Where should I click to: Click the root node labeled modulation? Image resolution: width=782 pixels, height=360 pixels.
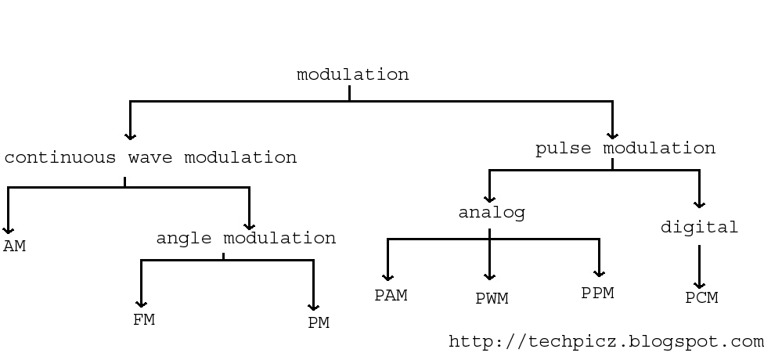pos(352,75)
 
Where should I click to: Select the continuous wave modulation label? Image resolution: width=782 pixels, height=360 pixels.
pos(150,157)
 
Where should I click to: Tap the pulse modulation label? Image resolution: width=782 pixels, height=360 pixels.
pos(625,149)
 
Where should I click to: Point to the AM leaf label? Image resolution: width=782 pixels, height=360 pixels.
pos(14,247)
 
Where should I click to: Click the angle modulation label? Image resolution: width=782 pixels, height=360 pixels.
pos(246,238)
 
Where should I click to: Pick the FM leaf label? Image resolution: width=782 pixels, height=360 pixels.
pos(144,319)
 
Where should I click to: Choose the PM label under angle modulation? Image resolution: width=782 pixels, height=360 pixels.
pos(319,322)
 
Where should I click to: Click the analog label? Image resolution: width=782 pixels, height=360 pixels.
pos(492,213)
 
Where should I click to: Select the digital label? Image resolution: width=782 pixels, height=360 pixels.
pos(699,228)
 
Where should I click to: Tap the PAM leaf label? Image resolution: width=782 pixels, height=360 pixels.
pos(391,296)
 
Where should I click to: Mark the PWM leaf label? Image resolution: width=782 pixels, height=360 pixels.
pos(492,298)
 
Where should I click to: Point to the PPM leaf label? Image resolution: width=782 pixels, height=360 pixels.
pos(597,293)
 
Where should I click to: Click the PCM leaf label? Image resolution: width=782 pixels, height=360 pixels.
pos(701,297)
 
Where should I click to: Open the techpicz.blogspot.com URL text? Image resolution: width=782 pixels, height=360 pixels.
pos(606,342)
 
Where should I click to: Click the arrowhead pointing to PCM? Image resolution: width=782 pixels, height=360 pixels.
pos(699,285)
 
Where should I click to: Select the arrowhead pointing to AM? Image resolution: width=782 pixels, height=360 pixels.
pos(8,230)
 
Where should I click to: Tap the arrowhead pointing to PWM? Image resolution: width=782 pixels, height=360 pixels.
pos(490,276)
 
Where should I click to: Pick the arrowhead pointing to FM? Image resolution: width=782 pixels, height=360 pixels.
pos(142,304)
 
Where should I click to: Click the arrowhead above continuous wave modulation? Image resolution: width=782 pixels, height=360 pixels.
pos(131,135)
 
